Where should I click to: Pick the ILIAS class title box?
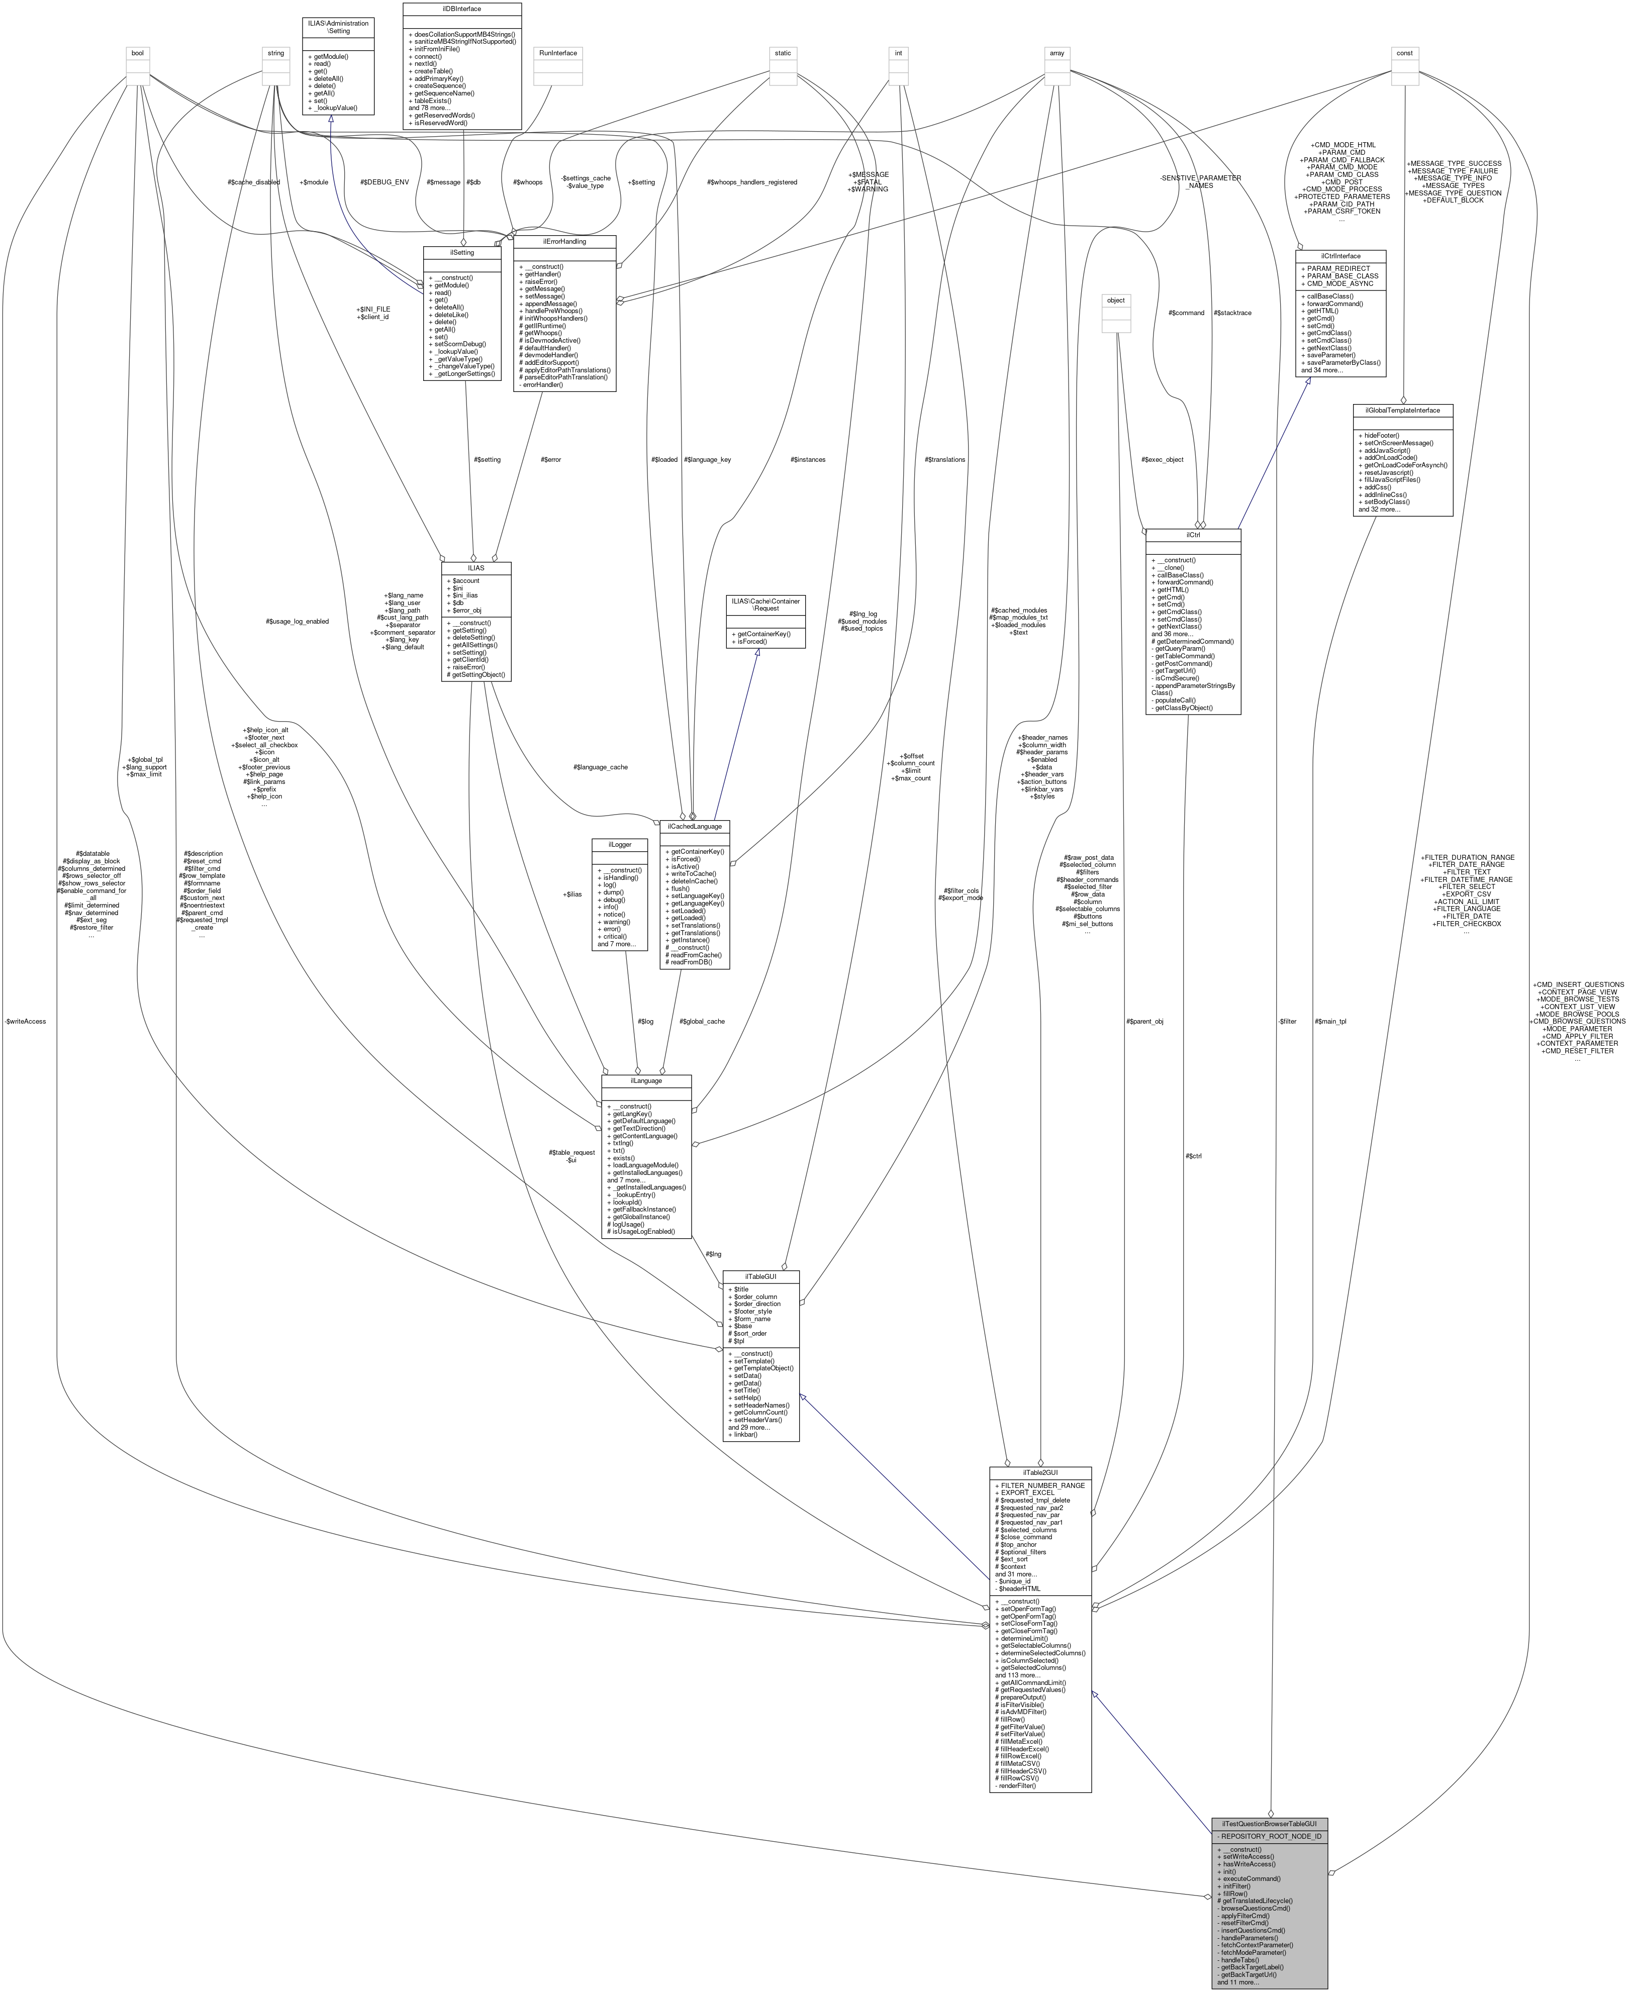(476, 568)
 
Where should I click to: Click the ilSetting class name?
(462, 252)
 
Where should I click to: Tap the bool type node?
(138, 53)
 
